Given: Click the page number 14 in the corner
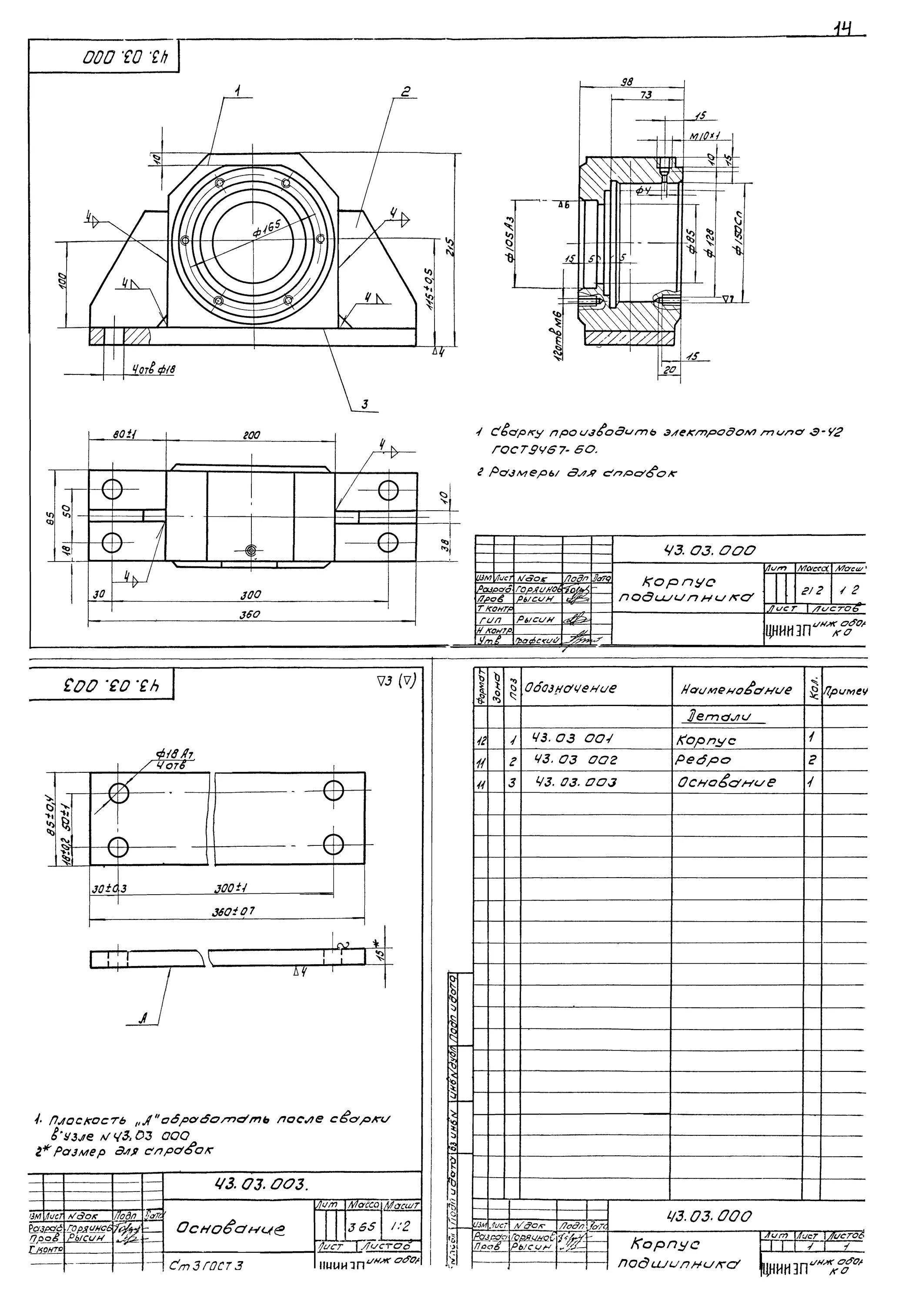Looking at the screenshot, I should coord(843,29).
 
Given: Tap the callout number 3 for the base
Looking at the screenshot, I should coord(364,404).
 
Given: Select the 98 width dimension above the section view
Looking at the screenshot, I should coord(626,82).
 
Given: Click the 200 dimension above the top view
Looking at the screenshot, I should coord(251,435).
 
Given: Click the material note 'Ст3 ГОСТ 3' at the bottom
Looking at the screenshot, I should coord(206,1266).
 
